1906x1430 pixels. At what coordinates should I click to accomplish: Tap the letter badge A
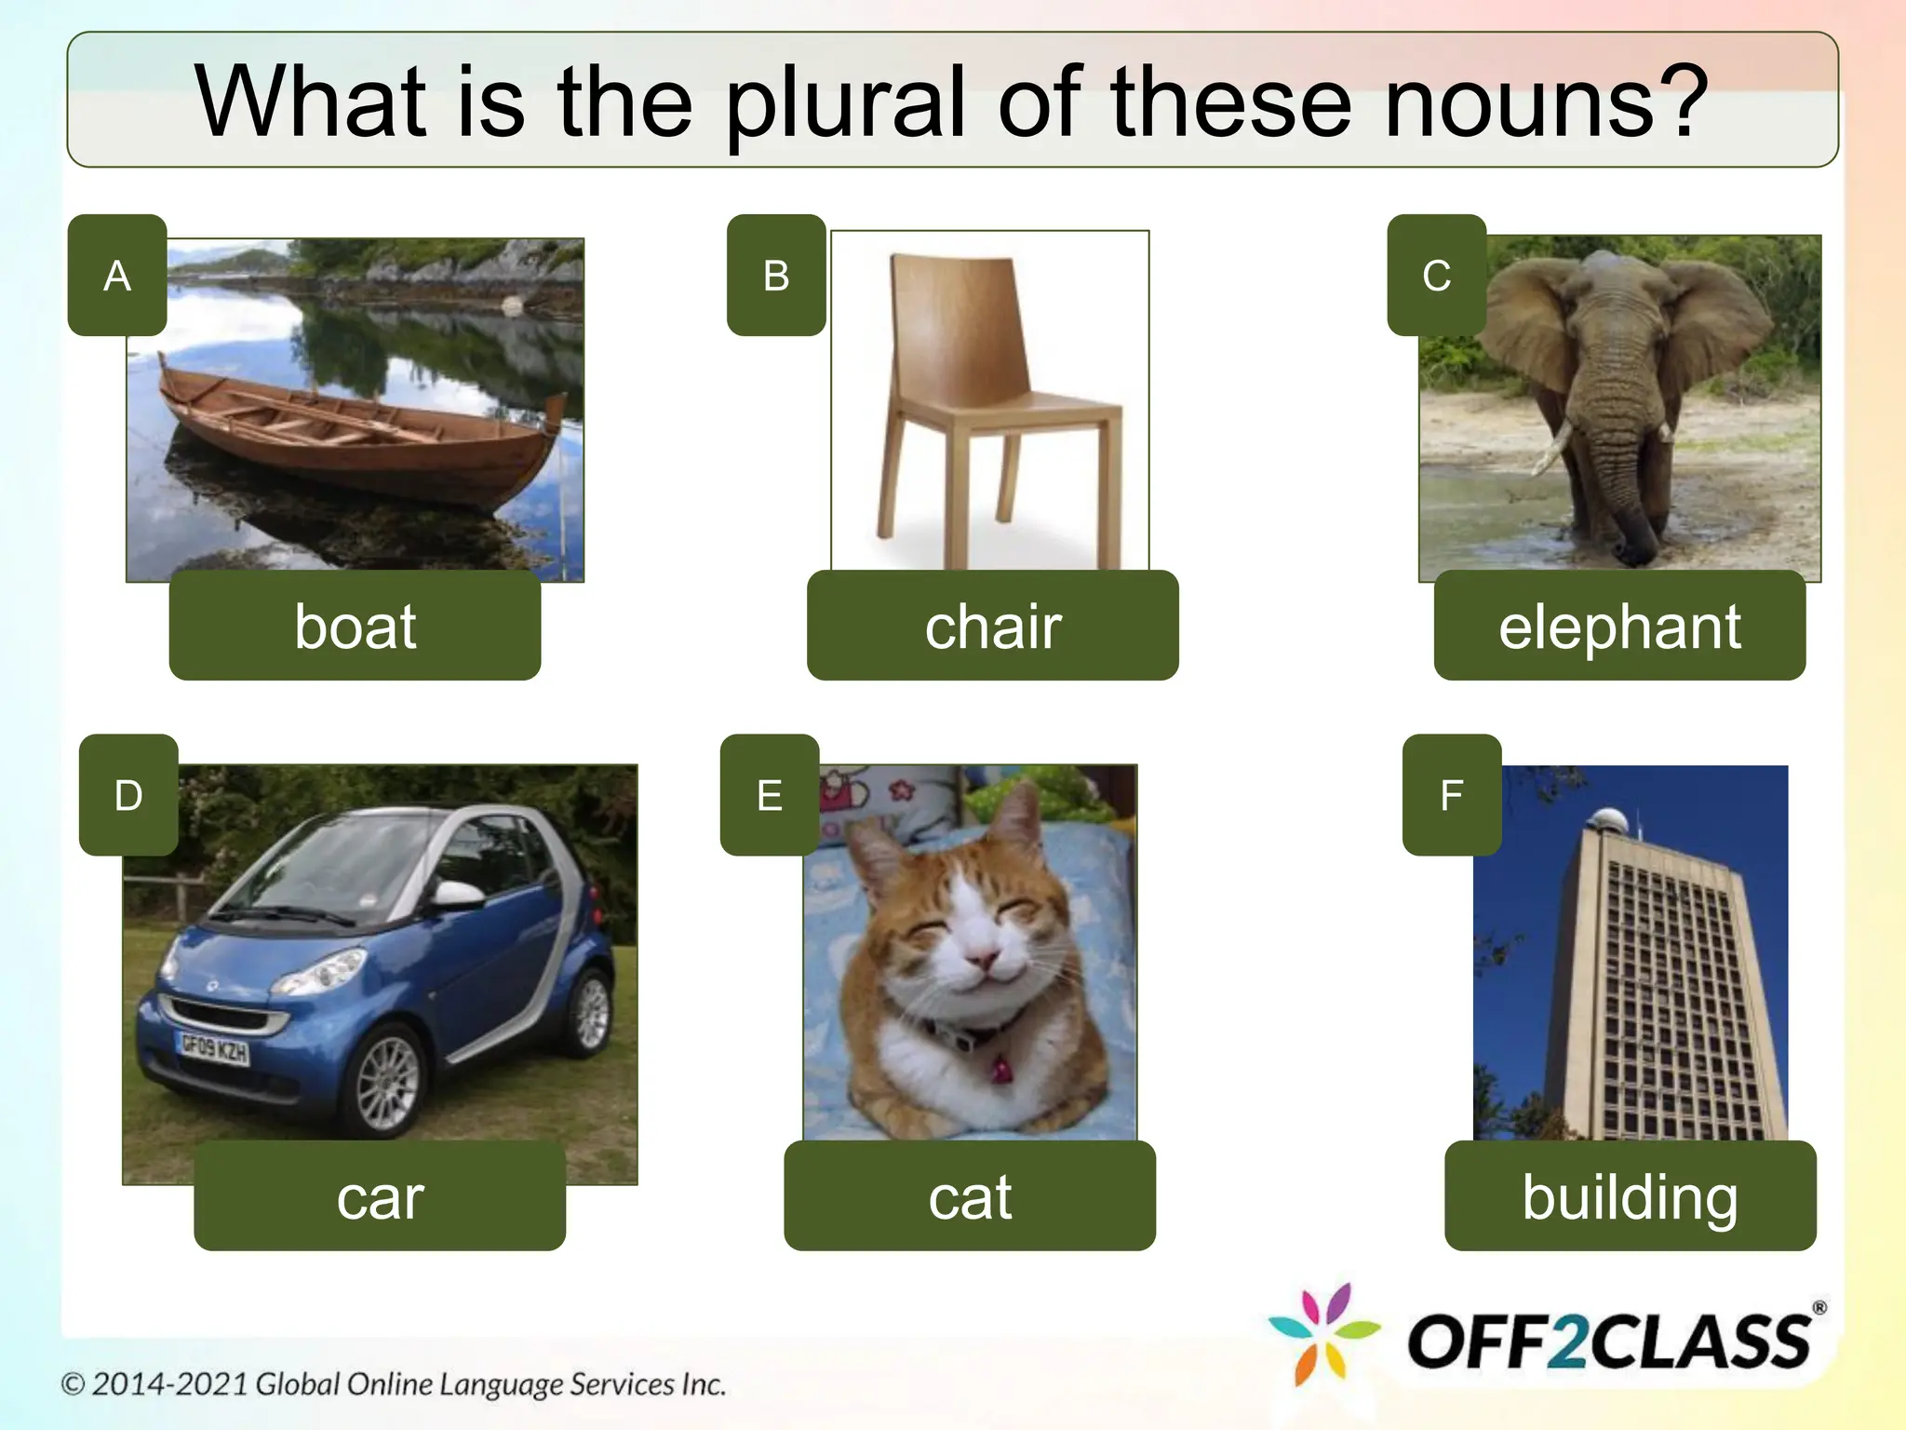coord(117,275)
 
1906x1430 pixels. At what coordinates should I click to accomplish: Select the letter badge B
coord(776,275)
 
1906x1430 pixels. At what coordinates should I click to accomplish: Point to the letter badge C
coord(1436,275)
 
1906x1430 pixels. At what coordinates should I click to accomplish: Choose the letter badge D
coord(128,795)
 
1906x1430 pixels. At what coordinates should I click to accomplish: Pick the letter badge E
coord(770,795)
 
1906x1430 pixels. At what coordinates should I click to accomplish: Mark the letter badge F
coord(1452,795)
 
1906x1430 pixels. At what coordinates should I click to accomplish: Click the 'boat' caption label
coord(355,626)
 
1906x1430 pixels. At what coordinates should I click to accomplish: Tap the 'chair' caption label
coord(992,626)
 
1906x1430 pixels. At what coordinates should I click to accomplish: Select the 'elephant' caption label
coord(1619,626)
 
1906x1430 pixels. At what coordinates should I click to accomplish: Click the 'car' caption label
coord(380,1196)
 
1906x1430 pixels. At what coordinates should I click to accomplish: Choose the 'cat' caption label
coord(970,1196)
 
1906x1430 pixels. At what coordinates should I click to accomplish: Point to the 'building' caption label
coord(1630,1196)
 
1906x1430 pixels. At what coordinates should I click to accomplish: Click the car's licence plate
coord(214,1049)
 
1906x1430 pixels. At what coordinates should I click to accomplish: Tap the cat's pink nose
coord(979,956)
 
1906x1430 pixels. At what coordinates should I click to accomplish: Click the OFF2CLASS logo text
coord(1610,1342)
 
